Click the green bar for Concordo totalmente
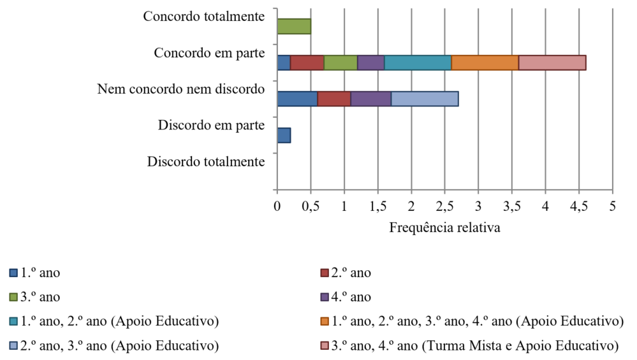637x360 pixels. (x=294, y=26)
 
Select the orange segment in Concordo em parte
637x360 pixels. (x=485, y=62)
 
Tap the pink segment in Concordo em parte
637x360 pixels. (x=552, y=62)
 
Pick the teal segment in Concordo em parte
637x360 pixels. (x=418, y=62)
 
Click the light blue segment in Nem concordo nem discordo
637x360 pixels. (x=424, y=99)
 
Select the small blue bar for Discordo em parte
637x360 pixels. (x=284, y=135)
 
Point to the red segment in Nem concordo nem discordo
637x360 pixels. (x=333, y=99)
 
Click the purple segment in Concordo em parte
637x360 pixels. (x=370, y=62)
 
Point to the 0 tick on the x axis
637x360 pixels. (x=277, y=206)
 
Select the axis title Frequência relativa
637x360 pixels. (x=444, y=227)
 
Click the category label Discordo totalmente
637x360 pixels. (x=205, y=162)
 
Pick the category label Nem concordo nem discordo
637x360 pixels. (x=181, y=89)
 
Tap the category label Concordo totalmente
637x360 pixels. (x=203, y=17)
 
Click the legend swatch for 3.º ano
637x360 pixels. (x=13, y=298)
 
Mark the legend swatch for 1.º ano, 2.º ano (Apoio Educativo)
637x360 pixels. (x=13, y=322)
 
